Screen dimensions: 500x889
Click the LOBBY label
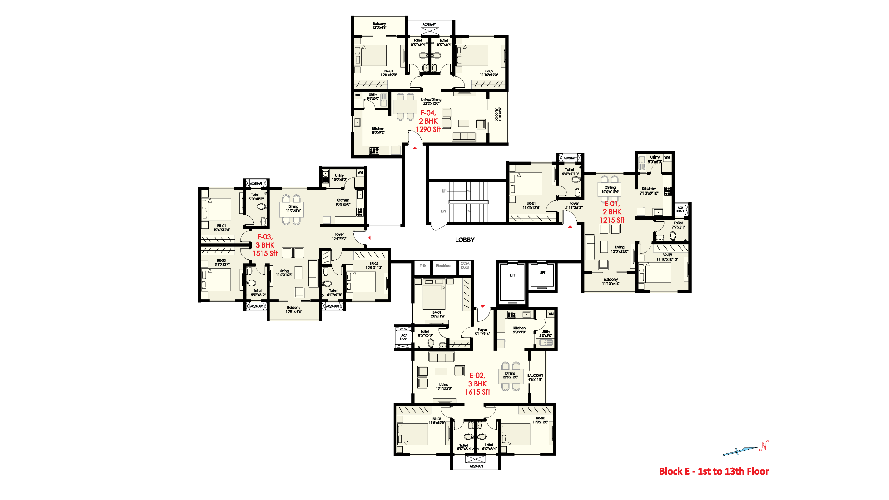464,240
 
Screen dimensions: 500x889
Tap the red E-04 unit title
428,113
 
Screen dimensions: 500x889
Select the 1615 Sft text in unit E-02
477,392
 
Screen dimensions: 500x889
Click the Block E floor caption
714,471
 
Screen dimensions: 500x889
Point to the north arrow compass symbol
745,449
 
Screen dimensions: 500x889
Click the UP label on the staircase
444,191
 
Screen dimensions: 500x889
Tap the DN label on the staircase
444,211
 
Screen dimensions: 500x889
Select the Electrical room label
443,266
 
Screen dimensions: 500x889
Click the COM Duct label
465,265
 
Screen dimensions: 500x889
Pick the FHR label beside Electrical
423,266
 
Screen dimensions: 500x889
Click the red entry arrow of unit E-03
369,237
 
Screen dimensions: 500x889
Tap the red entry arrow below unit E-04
415,148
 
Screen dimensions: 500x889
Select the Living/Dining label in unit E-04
431,101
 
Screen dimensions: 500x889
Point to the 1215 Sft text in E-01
612,220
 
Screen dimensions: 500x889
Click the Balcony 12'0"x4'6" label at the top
379,26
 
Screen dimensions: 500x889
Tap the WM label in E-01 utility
667,157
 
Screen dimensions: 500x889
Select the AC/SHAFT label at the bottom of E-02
476,466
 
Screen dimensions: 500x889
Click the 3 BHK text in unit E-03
265,245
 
